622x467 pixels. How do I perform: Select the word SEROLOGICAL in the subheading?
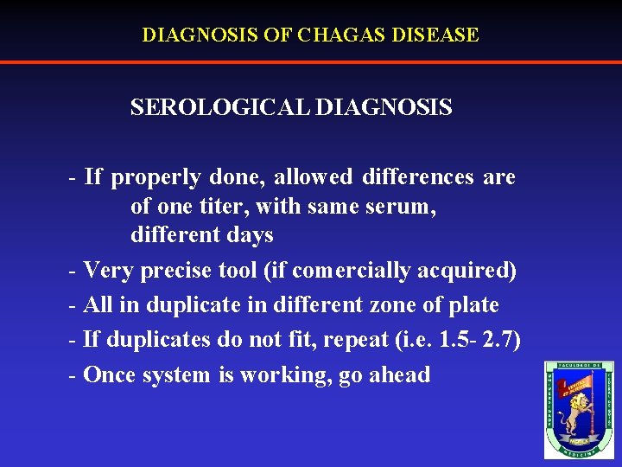[220, 107]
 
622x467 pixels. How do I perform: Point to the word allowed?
[314, 177]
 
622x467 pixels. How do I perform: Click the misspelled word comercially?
[351, 271]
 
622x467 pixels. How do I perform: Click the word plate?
[473, 305]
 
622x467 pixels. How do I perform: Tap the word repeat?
[355, 340]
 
